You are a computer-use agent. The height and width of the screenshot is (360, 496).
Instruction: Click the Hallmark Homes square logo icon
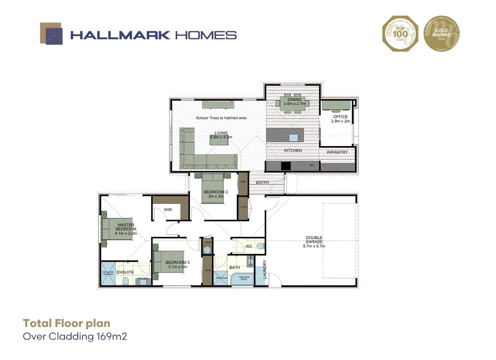[51, 34]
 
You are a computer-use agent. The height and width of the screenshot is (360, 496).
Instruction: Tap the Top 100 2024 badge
[400, 33]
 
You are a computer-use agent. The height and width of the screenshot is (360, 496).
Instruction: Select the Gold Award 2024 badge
[441, 33]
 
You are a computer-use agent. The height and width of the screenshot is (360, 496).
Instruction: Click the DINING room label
[294, 99]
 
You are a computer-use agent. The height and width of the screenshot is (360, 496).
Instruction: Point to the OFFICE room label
[340, 117]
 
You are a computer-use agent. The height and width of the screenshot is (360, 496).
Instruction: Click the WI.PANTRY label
[337, 152]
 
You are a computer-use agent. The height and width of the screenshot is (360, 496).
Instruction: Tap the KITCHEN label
[293, 151]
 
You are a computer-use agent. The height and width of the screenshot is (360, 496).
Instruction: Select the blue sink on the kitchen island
[293, 138]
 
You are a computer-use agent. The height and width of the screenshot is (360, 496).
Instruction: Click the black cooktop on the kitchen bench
[286, 166]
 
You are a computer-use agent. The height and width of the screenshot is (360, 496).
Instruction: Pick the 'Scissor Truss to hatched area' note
[221, 118]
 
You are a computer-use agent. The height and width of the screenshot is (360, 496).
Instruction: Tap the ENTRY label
[263, 183]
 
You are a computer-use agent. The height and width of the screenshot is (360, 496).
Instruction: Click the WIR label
[168, 210]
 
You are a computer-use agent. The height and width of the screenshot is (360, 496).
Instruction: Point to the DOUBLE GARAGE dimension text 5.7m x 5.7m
[314, 246]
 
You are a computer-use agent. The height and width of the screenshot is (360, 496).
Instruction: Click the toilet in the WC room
[260, 246]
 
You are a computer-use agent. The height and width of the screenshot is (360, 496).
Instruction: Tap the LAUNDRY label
[265, 269]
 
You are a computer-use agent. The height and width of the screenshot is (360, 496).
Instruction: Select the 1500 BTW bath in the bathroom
[243, 278]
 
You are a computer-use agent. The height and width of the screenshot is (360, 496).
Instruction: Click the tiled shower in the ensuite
[108, 273]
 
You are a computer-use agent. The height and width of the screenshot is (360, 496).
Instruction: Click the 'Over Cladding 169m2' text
[75, 336]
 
